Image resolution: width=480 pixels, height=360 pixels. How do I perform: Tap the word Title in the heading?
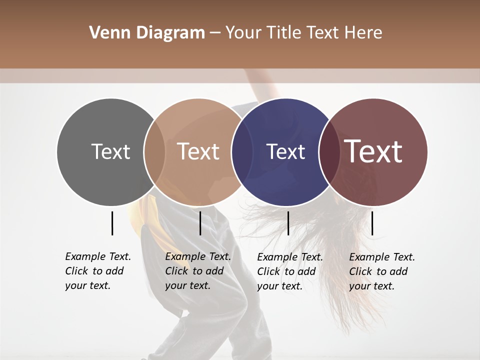pos(287,33)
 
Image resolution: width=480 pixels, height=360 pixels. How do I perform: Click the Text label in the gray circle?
pos(110,151)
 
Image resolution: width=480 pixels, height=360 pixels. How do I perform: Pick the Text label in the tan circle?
pos(198,151)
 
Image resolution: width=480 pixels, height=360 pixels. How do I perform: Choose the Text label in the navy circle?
pos(285,151)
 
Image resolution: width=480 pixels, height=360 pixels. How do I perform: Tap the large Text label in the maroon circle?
pos(373,151)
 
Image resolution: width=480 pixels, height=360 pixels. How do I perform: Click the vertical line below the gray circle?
pos(112,223)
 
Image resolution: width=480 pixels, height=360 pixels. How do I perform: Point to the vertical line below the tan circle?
pos(200,223)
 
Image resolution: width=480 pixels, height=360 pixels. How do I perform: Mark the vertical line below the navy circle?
pos(288,223)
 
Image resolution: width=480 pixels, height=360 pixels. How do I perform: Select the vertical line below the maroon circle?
pos(372,223)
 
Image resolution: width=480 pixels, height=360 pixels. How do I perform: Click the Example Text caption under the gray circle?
pos(98,271)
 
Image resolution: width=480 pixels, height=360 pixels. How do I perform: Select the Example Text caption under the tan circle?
pos(198,271)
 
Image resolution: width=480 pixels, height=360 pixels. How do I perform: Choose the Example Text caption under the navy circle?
pos(290,271)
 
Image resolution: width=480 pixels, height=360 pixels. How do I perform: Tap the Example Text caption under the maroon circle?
pos(382,271)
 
